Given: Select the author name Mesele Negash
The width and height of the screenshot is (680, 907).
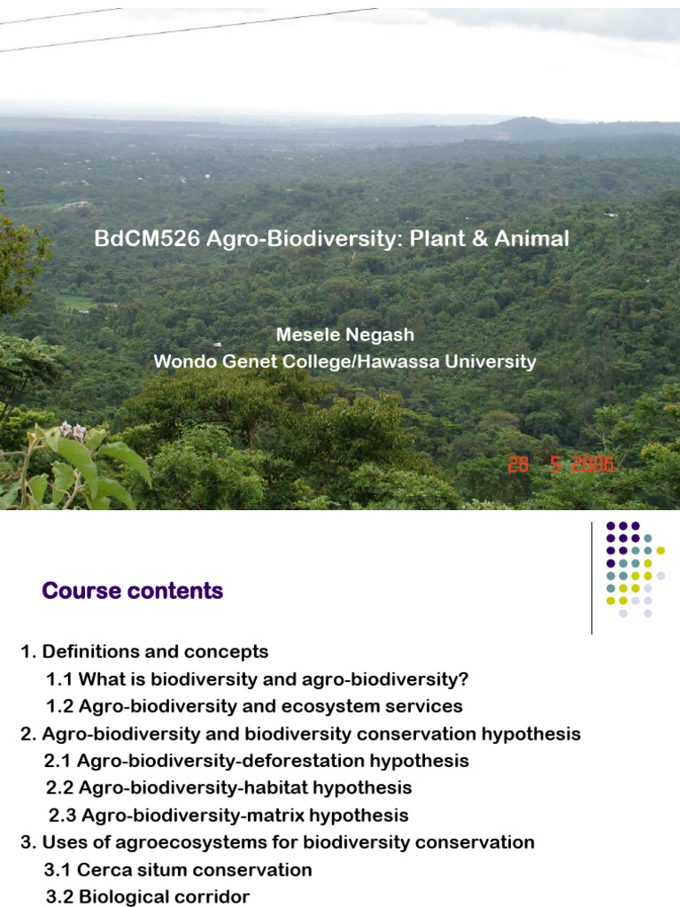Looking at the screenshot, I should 345,335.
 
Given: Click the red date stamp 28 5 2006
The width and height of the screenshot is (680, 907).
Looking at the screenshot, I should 560,465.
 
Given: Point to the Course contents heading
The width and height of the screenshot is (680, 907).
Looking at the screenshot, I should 133,591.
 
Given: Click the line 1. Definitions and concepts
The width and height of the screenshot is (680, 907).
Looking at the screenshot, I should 144,652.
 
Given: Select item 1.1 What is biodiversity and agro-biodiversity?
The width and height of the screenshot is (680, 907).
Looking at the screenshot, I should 257,679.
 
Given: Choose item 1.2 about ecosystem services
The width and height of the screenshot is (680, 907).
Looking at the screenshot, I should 254,707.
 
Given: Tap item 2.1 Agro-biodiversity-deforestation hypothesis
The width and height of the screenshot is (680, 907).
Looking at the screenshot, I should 257,761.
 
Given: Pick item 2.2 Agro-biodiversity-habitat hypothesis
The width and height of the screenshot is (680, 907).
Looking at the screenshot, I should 228,787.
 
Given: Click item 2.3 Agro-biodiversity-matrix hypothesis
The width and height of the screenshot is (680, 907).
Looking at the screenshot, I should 228,815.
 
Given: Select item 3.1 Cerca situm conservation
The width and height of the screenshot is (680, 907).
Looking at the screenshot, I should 178,870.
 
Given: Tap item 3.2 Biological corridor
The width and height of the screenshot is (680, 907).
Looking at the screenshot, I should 148,896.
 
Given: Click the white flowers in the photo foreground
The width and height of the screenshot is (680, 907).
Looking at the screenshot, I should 71,432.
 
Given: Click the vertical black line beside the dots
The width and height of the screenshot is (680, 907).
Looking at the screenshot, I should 591,578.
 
